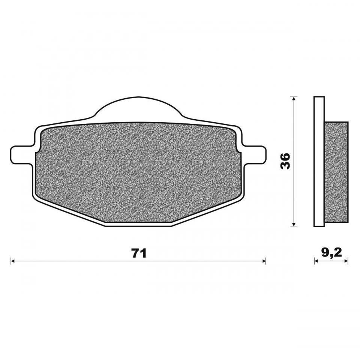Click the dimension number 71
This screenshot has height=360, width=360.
pyautogui.click(x=139, y=253)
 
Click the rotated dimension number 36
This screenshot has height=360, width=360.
pyautogui.click(x=285, y=161)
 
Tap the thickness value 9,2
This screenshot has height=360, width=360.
pyautogui.click(x=331, y=253)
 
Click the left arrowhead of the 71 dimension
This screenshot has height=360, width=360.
pyautogui.click(x=13, y=261)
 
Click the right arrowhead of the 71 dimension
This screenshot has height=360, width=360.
pyautogui.click(x=264, y=261)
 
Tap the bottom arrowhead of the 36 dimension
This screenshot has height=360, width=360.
pyautogui.click(x=293, y=224)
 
